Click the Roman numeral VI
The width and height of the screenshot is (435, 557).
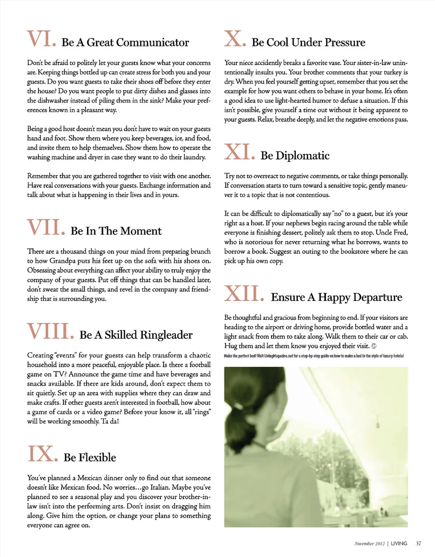point(39,39)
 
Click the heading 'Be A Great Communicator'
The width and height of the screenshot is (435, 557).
point(125,43)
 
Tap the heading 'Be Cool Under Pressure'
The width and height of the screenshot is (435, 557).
point(308,43)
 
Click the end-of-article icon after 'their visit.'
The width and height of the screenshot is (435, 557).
point(374,347)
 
